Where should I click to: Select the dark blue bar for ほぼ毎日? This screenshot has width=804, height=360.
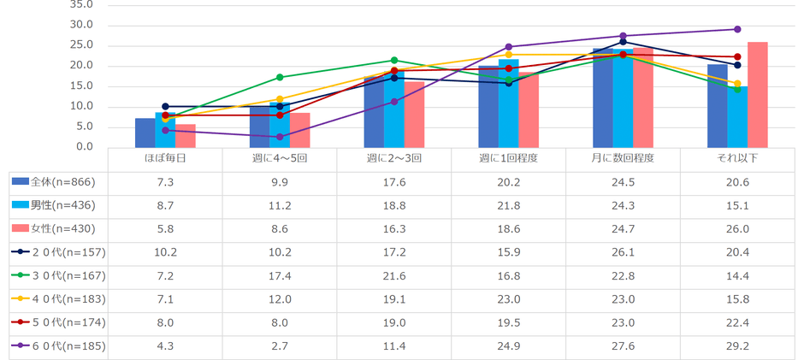click(145, 133)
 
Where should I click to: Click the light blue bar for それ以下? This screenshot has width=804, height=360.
click(737, 116)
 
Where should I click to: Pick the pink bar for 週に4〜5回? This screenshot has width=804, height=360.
click(299, 130)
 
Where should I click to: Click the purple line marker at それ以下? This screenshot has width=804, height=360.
click(737, 29)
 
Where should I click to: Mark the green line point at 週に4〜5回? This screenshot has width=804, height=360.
click(280, 77)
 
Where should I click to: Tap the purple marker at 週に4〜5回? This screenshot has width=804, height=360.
click(280, 137)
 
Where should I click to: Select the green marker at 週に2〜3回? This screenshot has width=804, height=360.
click(394, 61)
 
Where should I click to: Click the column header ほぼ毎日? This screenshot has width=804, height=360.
click(165, 160)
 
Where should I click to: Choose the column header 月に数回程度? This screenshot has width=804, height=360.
click(623, 160)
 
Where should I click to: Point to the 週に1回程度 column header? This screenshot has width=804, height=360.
click(508, 160)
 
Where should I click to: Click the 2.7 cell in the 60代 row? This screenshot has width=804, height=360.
click(280, 346)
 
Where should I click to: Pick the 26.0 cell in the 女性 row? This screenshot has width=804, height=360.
click(737, 228)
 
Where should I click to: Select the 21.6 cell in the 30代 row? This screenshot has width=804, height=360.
click(394, 276)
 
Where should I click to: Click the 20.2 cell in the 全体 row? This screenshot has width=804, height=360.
click(508, 181)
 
